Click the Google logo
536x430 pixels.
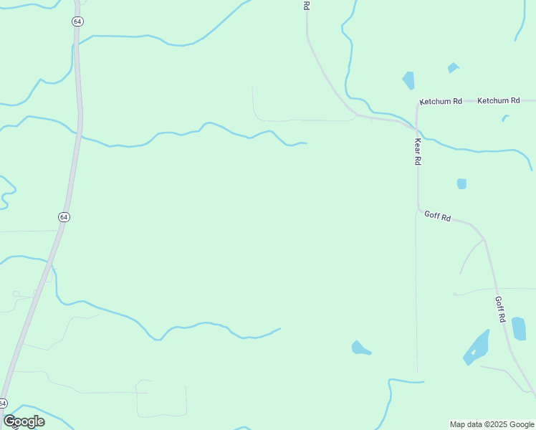[x=24, y=421]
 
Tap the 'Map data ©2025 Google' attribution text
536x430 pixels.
[x=492, y=424]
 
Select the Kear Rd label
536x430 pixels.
[x=417, y=150]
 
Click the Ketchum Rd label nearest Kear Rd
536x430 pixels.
[x=441, y=102]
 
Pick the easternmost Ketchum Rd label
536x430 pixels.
[x=498, y=101]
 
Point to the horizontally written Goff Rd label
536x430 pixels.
[x=437, y=215]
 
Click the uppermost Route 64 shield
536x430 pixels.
[x=77, y=21]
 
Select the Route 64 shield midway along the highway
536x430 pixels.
[x=64, y=216]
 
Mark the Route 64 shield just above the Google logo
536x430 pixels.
[x=3, y=403]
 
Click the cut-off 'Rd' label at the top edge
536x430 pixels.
[x=306, y=5]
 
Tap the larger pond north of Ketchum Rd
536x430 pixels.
[x=408, y=80]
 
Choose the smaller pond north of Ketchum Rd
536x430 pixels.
[x=453, y=68]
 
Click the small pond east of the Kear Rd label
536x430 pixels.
[x=461, y=183]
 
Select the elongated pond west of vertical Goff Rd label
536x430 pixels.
[x=477, y=348]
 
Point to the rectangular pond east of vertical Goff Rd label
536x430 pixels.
[x=519, y=328]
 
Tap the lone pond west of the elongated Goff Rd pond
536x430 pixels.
[x=360, y=348]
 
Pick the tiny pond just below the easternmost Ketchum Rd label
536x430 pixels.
[x=505, y=118]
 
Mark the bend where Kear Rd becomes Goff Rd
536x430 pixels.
[x=419, y=209]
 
